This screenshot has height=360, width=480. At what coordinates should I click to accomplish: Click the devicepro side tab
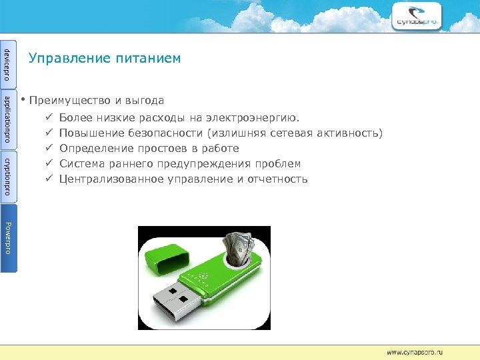pos(8,61)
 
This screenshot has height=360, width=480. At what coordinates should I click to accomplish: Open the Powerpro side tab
pos(8,237)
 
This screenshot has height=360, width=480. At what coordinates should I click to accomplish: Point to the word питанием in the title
pos(149,59)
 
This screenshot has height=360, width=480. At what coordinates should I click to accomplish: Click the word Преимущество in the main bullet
pos(71,101)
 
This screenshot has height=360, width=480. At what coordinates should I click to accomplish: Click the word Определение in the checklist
pos(97,148)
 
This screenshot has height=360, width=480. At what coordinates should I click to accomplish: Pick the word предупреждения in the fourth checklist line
pos(213,163)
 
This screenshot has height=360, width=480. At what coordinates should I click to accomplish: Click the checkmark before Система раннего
pos(48,163)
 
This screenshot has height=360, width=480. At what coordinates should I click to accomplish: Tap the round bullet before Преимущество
pos(23,100)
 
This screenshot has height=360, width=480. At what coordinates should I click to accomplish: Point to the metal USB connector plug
pos(183,299)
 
